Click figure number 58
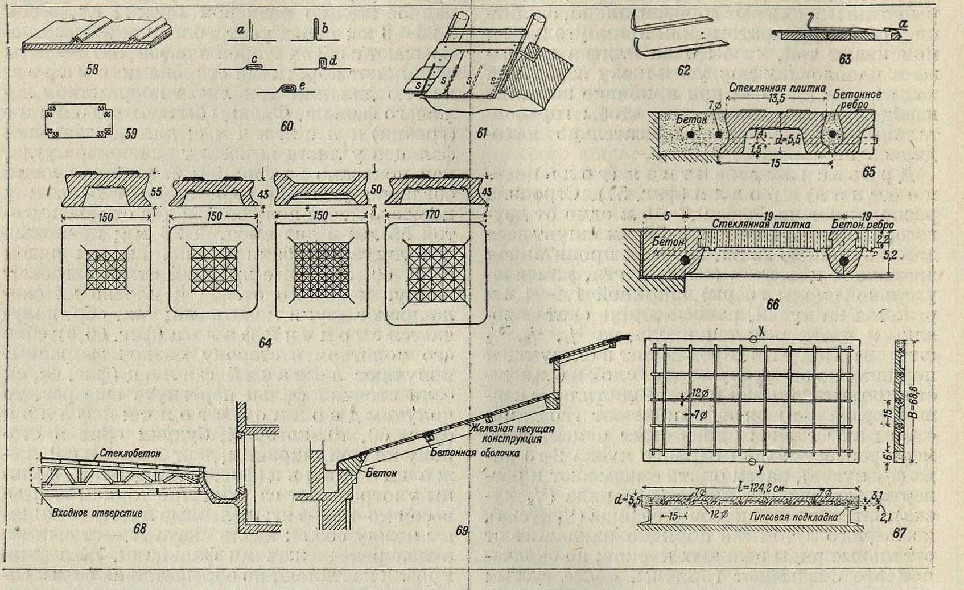[x=92, y=69]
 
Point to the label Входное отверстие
[x=97, y=513]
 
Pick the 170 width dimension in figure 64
[x=432, y=216]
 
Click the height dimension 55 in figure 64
[x=156, y=192]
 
